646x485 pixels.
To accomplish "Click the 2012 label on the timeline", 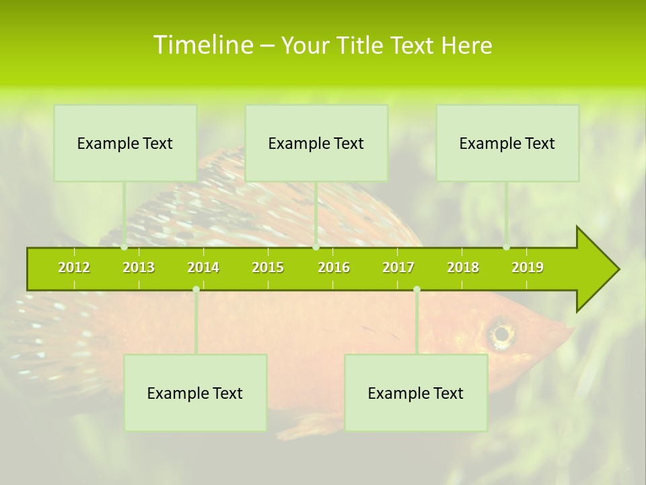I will click(74, 267).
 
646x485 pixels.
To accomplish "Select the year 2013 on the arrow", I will click(139, 267).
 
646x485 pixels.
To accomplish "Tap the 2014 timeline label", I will click(203, 267).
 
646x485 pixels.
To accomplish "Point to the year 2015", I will click(268, 267).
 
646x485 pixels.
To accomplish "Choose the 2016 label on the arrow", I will click(334, 267).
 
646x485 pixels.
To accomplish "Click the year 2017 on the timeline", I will click(398, 267).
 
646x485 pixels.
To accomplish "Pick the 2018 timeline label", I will click(463, 267).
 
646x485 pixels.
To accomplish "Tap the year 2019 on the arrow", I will click(528, 267).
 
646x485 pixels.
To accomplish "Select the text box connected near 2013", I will click(125, 143).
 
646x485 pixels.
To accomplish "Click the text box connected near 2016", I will click(316, 143).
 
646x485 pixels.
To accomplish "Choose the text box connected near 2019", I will click(507, 143).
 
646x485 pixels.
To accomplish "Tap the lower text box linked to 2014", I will click(195, 393).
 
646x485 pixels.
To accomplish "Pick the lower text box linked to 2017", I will click(416, 393).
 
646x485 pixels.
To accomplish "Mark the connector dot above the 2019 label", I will click(507, 247).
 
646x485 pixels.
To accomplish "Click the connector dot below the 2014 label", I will click(196, 290).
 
